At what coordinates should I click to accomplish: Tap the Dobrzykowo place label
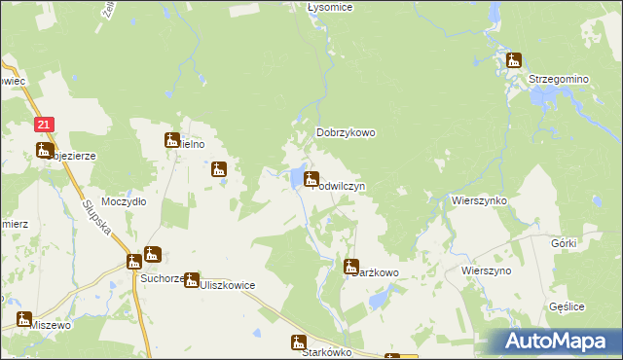click(x=346, y=133)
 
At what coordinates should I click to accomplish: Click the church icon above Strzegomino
click(x=514, y=60)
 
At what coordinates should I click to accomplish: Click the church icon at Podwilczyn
click(x=311, y=178)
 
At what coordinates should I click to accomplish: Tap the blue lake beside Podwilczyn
click(x=295, y=178)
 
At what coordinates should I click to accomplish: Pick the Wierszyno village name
click(x=487, y=270)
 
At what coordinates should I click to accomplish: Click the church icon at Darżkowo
click(x=352, y=266)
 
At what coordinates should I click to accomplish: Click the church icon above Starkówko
click(x=299, y=342)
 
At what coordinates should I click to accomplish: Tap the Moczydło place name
click(x=124, y=201)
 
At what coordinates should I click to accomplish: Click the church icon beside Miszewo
click(x=22, y=318)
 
